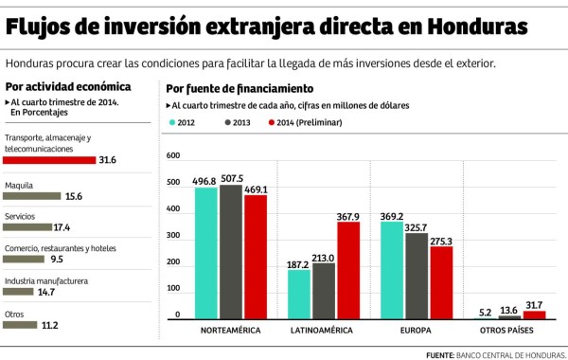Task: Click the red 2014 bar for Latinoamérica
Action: [x=348, y=271]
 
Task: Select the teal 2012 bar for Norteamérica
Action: [x=206, y=254]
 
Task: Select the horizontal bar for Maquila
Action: [x=31, y=196]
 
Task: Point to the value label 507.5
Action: [x=232, y=177]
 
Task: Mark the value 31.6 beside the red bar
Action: [x=109, y=160]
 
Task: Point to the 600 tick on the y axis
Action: [x=171, y=155]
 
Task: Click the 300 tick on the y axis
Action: [x=171, y=235]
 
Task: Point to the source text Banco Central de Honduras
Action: [x=511, y=353]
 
